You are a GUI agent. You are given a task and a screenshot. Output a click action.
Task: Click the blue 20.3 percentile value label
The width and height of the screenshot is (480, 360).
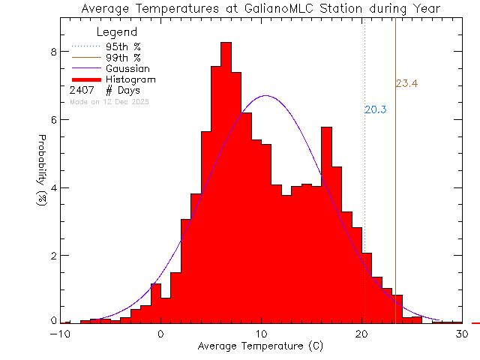tap(375, 109)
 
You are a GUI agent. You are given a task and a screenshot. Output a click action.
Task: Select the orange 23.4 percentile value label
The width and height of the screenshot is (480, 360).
tap(406, 83)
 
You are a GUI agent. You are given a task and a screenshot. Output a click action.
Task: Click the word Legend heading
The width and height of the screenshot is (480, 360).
tap(118, 32)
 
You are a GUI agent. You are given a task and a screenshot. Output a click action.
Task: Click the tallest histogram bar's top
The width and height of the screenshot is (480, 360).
tap(226, 43)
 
